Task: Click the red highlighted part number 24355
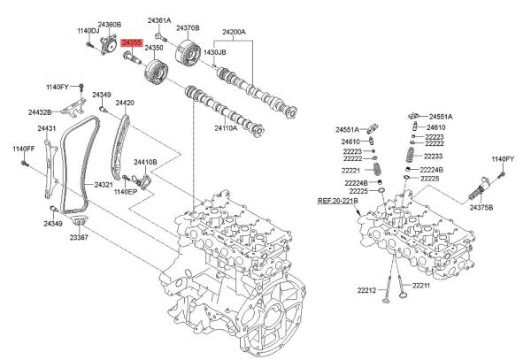tap(132, 42)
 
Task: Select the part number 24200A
tap(234, 32)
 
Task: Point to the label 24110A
tap(226, 127)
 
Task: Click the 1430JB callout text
tap(215, 52)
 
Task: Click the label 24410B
tap(145, 163)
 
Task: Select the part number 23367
tap(80, 238)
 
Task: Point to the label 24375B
tap(481, 207)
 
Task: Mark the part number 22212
tap(367, 290)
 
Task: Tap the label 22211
tap(419, 286)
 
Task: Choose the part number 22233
tap(434, 156)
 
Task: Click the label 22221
tap(353, 170)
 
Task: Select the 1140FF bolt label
tap(23, 149)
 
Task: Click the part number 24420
tap(124, 103)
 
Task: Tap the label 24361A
tap(159, 19)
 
